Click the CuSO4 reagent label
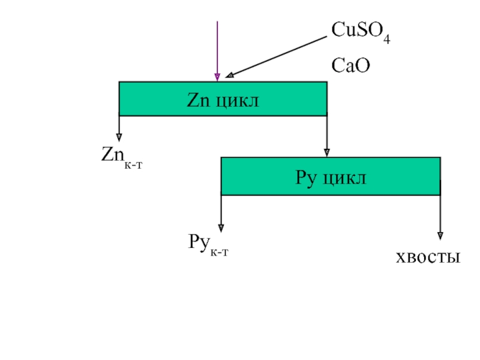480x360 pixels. pyautogui.click(x=361, y=32)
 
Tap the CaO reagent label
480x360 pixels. pyautogui.click(x=350, y=65)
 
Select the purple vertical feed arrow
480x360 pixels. pyautogui.click(x=217, y=51)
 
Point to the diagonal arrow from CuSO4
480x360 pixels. pyautogui.click(x=276, y=57)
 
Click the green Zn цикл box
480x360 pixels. pyautogui.click(x=223, y=99)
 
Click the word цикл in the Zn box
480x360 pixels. pyautogui.click(x=238, y=101)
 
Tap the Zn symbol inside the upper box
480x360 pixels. pyautogui.click(x=199, y=100)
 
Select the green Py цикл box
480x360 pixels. pyautogui.click(x=331, y=176)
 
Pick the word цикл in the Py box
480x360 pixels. pyautogui.click(x=344, y=178)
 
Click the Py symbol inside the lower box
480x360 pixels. pyautogui.click(x=305, y=178)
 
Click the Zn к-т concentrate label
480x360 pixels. pyautogui.click(x=122, y=157)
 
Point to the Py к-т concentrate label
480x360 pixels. pyautogui.click(x=208, y=245)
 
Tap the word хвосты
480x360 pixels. pyautogui.click(x=428, y=257)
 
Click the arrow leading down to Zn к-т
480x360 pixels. pyautogui.click(x=119, y=128)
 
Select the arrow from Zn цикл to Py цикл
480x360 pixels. pyautogui.click(x=327, y=136)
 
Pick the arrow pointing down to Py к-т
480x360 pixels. pyautogui.click(x=221, y=214)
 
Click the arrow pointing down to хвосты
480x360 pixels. pyautogui.click(x=440, y=217)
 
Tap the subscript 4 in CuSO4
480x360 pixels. pyautogui.click(x=387, y=40)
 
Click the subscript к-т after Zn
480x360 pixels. pyautogui.click(x=133, y=166)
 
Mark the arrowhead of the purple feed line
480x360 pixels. pyautogui.click(x=217, y=77)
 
